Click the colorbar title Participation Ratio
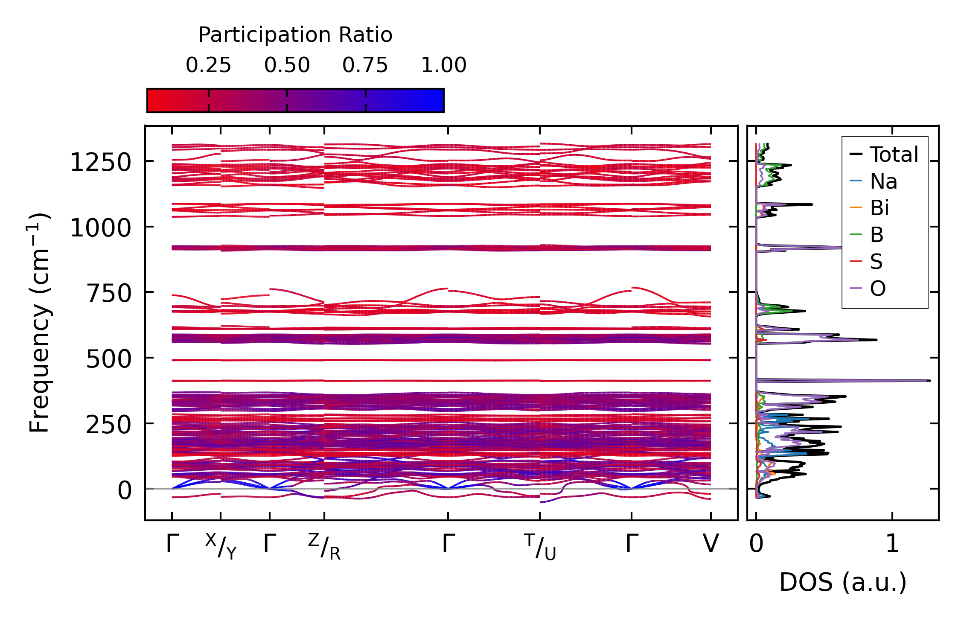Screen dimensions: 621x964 pyautogui.click(x=295, y=35)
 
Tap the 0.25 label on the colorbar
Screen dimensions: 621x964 pyautogui.click(x=208, y=66)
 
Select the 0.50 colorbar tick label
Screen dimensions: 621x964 pyautogui.click(x=287, y=66)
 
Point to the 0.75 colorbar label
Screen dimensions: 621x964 pyautogui.click(x=365, y=66)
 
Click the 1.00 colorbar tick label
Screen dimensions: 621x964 pyautogui.click(x=444, y=66)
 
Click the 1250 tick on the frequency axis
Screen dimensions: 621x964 pyautogui.click(x=101, y=163)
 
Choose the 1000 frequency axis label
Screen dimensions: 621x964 pyautogui.click(x=101, y=228)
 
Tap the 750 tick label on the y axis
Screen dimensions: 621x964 pyautogui.click(x=109, y=294)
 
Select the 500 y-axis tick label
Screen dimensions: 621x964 pyautogui.click(x=109, y=359)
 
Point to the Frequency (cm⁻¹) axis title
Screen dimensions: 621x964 pyautogui.click(x=39, y=323)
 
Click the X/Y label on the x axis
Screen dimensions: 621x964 pyautogui.click(x=221, y=546)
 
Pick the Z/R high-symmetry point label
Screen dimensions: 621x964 pyautogui.click(x=324, y=546)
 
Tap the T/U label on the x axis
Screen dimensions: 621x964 pyautogui.click(x=540, y=546)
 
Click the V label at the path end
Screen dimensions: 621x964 pyautogui.click(x=711, y=544)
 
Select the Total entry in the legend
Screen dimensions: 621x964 pyautogui.click(x=894, y=155)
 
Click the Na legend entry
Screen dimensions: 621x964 pyautogui.click(x=883, y=182)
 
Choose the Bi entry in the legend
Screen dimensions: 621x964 pyautogui.click(x=880, y=208)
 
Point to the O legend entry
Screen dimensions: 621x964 pyautogui.click(x=878, y=289)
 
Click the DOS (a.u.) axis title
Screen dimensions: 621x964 pyautogui.click(x=843, y=582)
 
